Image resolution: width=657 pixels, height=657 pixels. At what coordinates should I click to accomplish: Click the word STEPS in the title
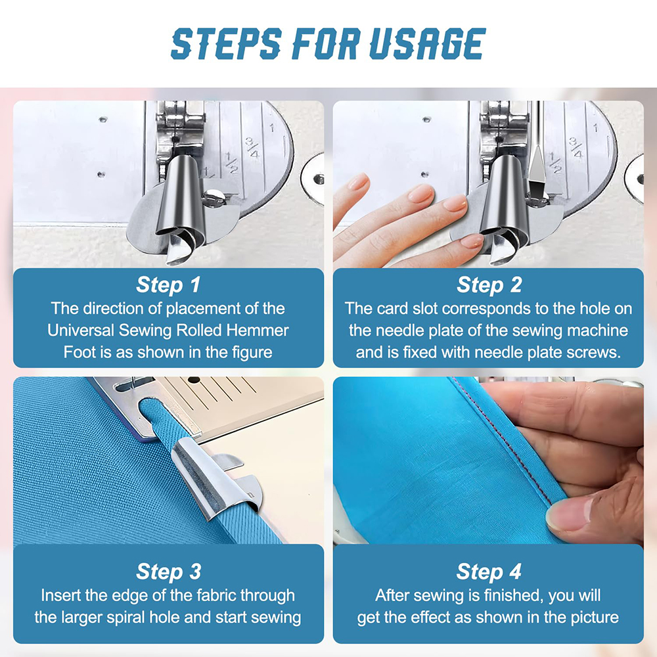point(226,43)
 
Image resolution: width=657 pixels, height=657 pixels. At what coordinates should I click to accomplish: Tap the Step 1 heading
point(168,284)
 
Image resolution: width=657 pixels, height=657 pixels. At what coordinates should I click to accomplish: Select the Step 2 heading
point(489,284)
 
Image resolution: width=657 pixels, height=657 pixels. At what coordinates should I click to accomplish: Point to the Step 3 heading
point(168,572)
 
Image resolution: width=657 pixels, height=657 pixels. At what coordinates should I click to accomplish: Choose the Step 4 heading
point(489,572)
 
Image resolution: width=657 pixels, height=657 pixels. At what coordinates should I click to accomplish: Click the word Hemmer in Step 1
point(258,330)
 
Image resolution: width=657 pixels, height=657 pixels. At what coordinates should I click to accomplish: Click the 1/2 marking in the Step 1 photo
point(232,162)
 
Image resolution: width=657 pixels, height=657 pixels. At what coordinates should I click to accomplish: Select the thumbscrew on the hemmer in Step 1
point(215,197)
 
